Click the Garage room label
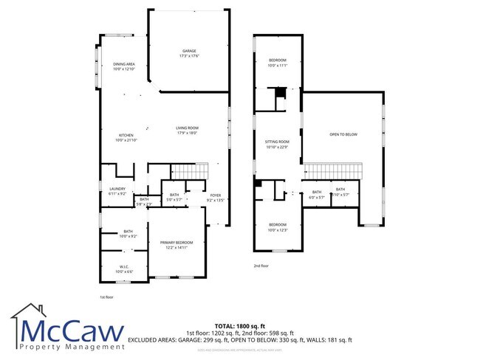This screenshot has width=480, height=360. click(190, 53)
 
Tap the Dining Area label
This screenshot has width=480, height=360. click(123, 66)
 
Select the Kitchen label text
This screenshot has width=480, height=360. click(126, 138)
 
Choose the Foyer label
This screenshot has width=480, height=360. click(215, 197)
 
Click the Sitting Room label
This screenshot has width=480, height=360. click(277, 143)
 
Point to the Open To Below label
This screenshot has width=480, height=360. click(343, 134)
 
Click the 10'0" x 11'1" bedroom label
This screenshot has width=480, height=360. click(277, 62)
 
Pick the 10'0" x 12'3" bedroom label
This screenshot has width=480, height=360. click(277, 226)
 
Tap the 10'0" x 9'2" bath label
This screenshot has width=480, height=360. click(128, 234)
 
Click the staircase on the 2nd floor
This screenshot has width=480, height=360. click(335, 171)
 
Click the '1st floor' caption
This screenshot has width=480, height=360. click(107, 297)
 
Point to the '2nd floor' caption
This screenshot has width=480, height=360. click(261, 266)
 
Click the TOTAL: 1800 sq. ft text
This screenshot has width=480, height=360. click(240, 325)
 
